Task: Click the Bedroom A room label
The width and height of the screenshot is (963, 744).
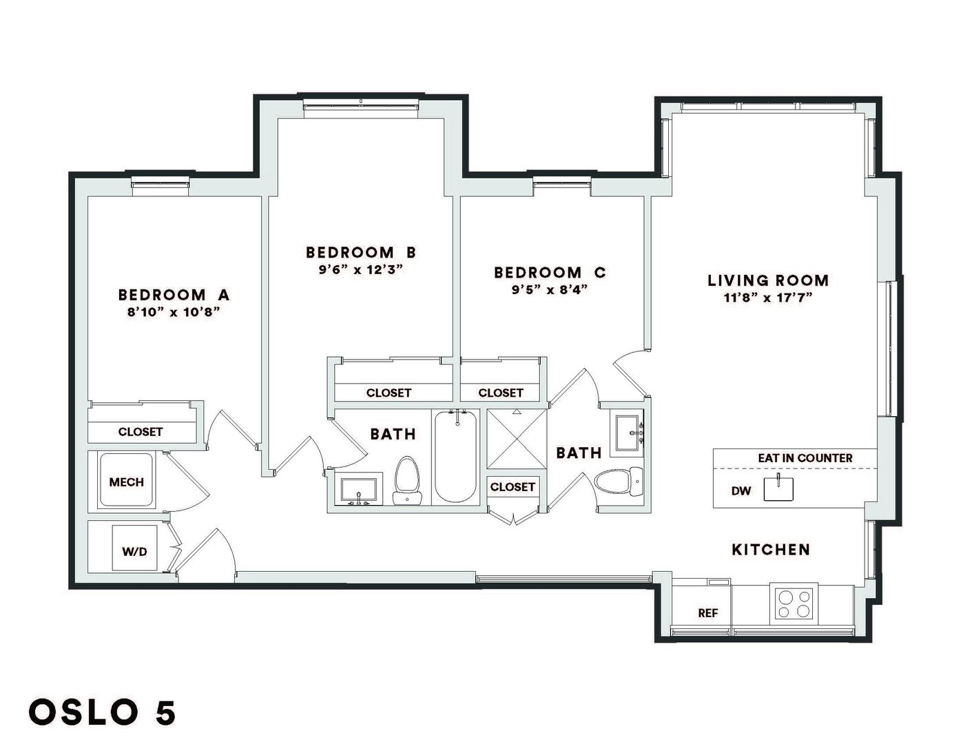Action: [174, 295]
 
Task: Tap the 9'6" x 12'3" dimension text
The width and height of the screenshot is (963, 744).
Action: [360, 269]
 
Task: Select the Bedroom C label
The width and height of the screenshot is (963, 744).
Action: [550, 273]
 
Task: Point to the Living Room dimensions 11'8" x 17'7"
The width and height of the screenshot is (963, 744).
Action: [768, 298]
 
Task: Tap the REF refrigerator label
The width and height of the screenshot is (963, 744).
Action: [707, 613]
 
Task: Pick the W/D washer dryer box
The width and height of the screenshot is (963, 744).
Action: [135, 548]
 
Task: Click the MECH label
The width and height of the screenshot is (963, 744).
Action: [126, 482]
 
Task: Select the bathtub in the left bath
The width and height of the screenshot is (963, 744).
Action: [456, 456]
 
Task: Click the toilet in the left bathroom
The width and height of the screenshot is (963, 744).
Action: [407, 480]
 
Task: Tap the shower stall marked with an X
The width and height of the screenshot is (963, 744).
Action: [517, 439]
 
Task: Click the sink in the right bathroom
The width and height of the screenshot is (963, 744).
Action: [627, 433]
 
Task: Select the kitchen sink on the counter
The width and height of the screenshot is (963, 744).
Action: [778, 488]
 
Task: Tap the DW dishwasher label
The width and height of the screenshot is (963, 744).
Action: [741, 490]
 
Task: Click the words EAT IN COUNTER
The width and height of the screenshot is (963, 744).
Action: [805, 457]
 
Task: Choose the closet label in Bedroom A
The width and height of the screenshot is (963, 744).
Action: [140, 432]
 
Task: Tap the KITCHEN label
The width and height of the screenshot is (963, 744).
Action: [771, 550]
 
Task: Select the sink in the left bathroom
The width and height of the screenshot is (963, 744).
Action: [358, 490]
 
